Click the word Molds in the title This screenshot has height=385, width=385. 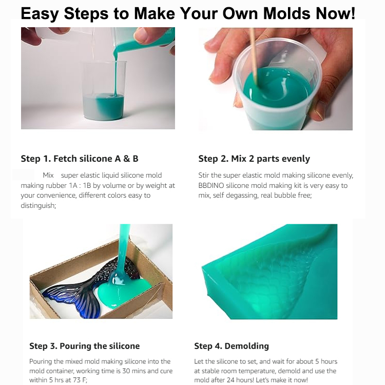[287, 13]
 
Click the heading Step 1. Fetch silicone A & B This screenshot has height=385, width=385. [80, 159]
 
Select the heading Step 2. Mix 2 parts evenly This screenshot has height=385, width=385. [254, 159]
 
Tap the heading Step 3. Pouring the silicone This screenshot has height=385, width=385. [85, 346]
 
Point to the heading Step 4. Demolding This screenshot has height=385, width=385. [232, 346]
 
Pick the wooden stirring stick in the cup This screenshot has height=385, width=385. [254, 56]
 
